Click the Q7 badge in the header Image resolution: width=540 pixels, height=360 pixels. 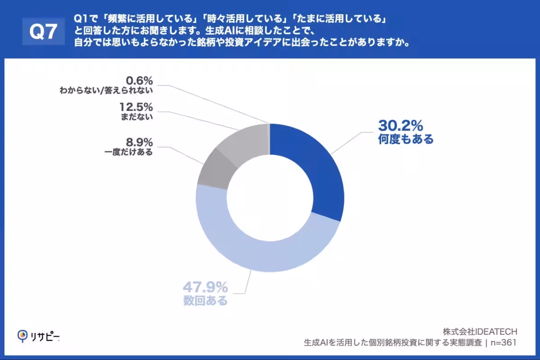point(43,31)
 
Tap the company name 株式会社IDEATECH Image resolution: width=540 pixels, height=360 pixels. point(480,332)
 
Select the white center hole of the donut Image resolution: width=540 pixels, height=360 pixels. point(270,198)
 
